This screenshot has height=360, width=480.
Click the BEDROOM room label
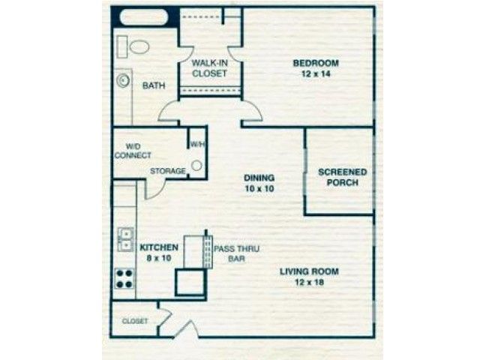316,63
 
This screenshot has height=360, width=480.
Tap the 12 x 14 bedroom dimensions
316,73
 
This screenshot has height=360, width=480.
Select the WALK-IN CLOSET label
210,68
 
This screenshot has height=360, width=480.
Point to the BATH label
154,85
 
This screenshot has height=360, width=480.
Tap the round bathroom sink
123,81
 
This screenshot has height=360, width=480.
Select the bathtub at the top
144,16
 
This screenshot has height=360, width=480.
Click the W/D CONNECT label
133,151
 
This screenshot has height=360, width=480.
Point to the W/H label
197,144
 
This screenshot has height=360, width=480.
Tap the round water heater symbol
196,166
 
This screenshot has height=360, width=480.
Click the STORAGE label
168,171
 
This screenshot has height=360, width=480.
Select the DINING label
259,178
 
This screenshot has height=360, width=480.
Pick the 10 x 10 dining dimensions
259,188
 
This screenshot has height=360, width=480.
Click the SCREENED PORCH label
343,177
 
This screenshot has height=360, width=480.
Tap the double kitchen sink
126,239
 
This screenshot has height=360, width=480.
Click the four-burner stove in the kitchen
124,278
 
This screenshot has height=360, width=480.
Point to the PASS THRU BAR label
236,253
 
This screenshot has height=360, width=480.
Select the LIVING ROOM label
309,271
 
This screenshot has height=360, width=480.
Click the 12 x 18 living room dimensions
309,282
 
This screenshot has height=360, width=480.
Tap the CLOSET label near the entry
135,321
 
